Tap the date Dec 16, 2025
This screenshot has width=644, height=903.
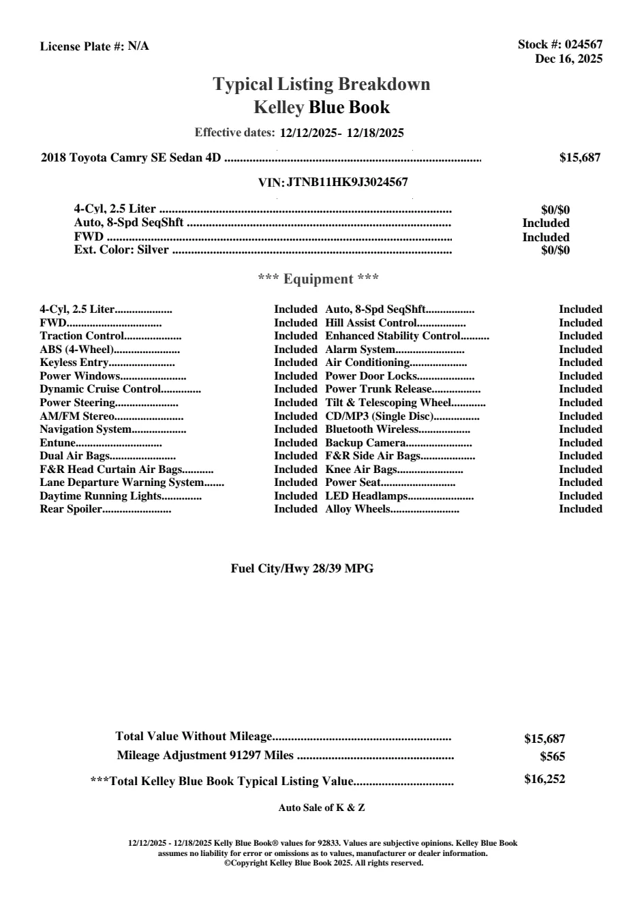click(x=568, y=59)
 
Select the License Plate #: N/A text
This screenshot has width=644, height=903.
click(x=94, y=46)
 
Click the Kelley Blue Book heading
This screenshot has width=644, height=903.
click(x=322, y=107)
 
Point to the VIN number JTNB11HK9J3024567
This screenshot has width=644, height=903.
click(x=348, y=182)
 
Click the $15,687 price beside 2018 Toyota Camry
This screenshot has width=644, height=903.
click(x=579, y=157)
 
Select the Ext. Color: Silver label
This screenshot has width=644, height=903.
click(x=121, y=249)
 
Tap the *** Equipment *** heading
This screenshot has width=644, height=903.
click(x=318, y=279)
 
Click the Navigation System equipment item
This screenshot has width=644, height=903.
click(x=85, y=429)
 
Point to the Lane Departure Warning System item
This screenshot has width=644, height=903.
click(x=121, y=483)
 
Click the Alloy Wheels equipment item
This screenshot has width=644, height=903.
click(x=358, y=509)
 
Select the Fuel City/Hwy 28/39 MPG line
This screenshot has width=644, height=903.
click(x=302, y=568)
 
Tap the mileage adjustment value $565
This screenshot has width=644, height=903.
click(x=552, y=756)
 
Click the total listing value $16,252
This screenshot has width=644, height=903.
click(x=545, y=779)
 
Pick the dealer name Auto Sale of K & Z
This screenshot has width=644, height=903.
click(x=322, y=808)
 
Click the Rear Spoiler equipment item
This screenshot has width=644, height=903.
click(x=71, y=509)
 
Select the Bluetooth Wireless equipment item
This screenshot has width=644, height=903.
click(x=371, y=429)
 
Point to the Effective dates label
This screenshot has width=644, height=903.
click(x=234, y=132)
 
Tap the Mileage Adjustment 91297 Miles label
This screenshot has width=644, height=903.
click(x=205, y=755)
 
